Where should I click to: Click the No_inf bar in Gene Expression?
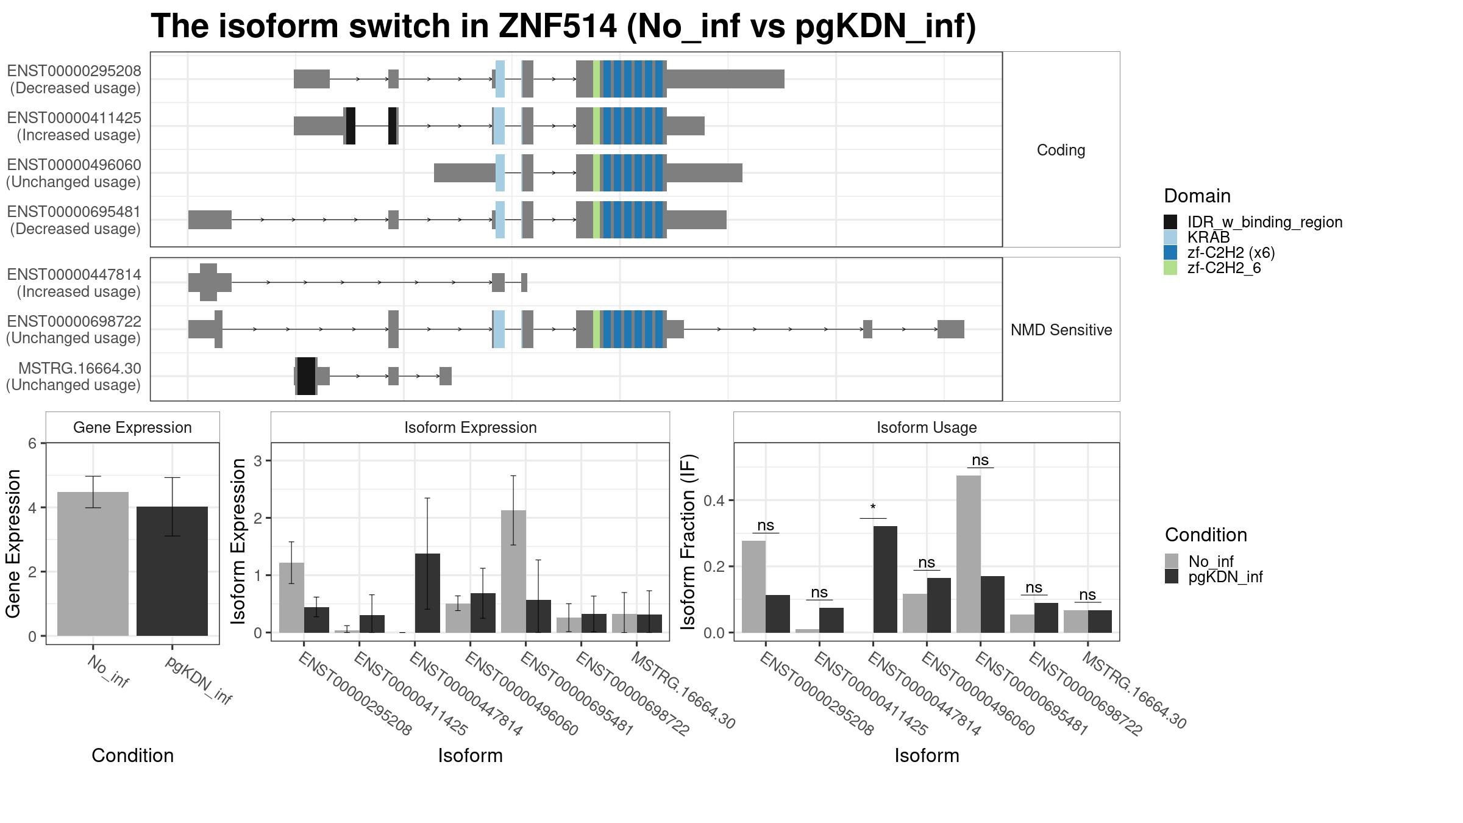tap(93, 564)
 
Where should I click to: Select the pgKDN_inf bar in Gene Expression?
tap(172, 571)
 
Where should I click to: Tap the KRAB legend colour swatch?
tap(1170, 237)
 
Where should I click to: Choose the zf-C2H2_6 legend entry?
tap(1212, 268)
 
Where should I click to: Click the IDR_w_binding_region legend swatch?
tap(1170, 222)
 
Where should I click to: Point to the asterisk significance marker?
tap(873, 508)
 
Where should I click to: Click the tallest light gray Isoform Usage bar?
tap(968, 554)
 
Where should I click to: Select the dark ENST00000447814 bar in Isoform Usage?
tap(885, 579)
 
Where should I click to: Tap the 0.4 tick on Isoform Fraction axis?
tap(714, 501)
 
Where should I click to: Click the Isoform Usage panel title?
tap(927, 427)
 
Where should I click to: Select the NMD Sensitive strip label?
tap(1061, 330)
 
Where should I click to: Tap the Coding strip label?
tap(1061, 150)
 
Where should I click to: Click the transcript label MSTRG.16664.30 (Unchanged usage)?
tap(74, 377)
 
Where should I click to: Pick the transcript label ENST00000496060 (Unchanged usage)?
tap(74, 173)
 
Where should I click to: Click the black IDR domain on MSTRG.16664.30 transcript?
tap(307, 376)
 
